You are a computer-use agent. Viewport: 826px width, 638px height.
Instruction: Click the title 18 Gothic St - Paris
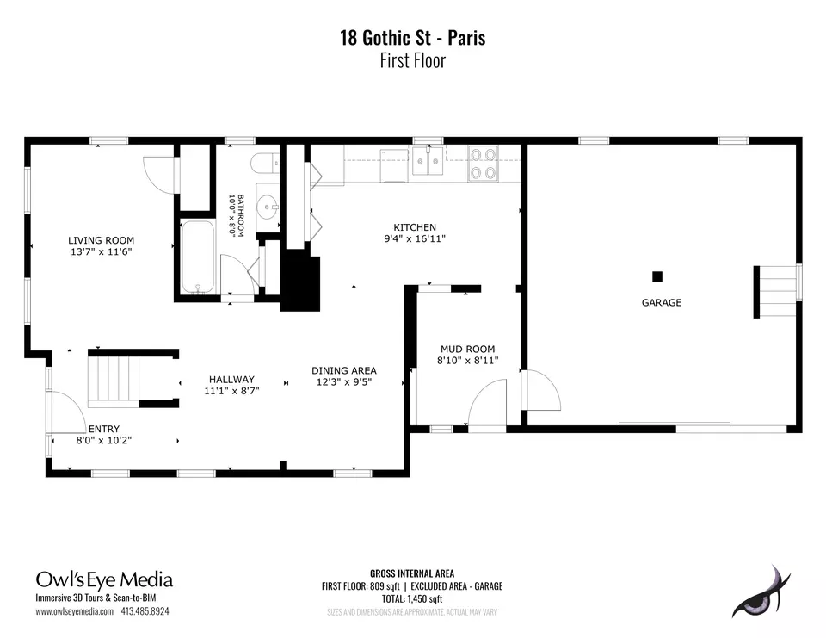click(x=412, y=38)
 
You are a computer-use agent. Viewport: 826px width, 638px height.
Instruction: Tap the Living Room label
click(x=102, y=240)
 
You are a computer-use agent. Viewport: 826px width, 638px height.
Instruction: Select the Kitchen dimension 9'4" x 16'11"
click(x=415, y=238)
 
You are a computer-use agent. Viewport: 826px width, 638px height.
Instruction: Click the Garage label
click(x=662, y=303)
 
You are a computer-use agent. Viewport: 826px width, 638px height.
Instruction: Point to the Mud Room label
click(x=468, y=349)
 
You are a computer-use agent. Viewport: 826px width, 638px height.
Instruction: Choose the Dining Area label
click(x=344, y=371)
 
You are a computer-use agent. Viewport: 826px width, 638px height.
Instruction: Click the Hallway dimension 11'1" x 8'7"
click(x=231, y=391)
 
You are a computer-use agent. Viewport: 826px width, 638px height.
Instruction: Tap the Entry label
click(x=104, y=429)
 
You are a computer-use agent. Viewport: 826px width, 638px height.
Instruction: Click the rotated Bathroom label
click(x=241, y=215)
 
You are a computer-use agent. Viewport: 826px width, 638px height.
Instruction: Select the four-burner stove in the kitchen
click(x=483, y=164)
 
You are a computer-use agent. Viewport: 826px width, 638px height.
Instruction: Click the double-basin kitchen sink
click(x=428, y=160)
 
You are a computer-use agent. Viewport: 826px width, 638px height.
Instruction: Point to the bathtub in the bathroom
click(x=198, y=257)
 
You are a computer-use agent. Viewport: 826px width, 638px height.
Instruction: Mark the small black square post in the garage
click(x=657, y=277)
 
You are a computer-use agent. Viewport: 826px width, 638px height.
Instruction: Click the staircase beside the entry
click(x=114, y=379)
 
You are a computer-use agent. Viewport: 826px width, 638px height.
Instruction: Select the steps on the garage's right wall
click(x=776, y=292)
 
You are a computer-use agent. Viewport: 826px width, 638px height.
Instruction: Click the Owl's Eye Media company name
click(x=104, y=579)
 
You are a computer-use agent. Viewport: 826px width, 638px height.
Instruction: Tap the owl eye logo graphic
click(x=761, y=593)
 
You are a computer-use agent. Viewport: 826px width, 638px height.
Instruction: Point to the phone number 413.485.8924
click(x=145, y=611)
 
